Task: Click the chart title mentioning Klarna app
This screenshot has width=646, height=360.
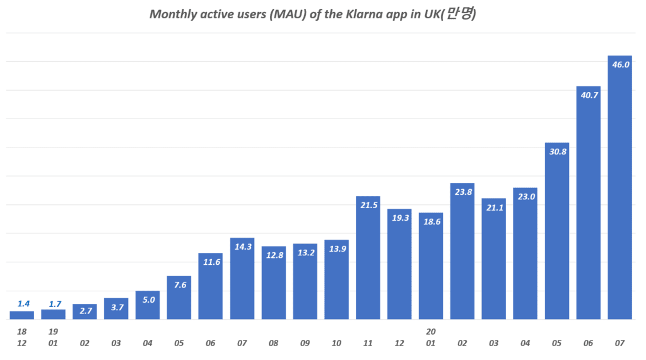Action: pyautogui.click(x=312, y=15)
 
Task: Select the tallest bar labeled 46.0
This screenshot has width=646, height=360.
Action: pyautogui.click(x=620, y=189)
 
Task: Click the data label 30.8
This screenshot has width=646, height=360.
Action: pyautogui.click(x=557, y=152)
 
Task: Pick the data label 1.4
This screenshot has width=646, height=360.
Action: pyautogui.click(x=22, y=303)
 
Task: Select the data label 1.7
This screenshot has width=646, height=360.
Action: pyautogui.click(x=54, y=303)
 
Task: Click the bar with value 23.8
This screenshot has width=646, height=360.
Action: pyautogui.click(x=462, y=252)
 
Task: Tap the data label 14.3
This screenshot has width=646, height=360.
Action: pyautogui.click(x=242, y=247)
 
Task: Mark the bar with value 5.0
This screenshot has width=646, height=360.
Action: pyautogui.click(x=148, y=306)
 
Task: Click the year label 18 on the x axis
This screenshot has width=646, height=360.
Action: pyautogui.click(x=22, y=332)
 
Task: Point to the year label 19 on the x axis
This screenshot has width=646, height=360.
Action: pyautogui.click(x=54, y=332)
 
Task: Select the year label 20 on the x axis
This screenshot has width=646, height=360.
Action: pyautogui.click(x=431, y=332)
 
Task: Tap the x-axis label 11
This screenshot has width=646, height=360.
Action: pyautogui.click(x=368, y=344)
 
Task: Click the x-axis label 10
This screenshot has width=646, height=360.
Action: pyautogui.click(x=336, y=344)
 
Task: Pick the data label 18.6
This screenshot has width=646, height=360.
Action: pyautogui.click(x=431, y=222)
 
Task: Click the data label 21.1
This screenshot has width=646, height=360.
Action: pyautogui.click(x=494, y=207)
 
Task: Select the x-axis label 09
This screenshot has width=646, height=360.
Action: pyautogui.click(x=305, y=344)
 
